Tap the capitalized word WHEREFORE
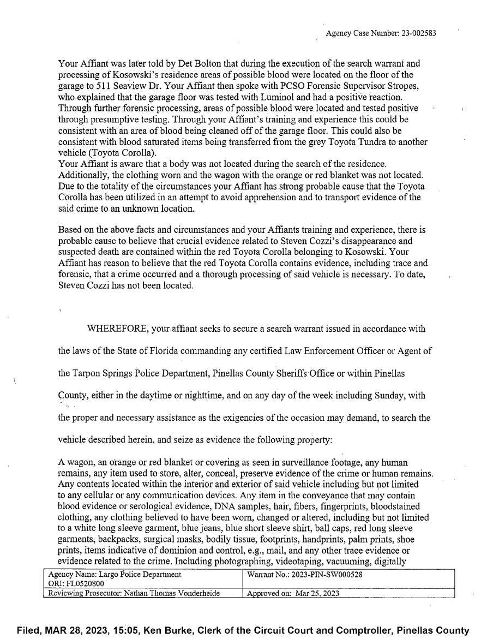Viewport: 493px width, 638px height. click(116, 329)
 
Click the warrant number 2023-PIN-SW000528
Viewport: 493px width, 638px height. click(327, 575)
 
